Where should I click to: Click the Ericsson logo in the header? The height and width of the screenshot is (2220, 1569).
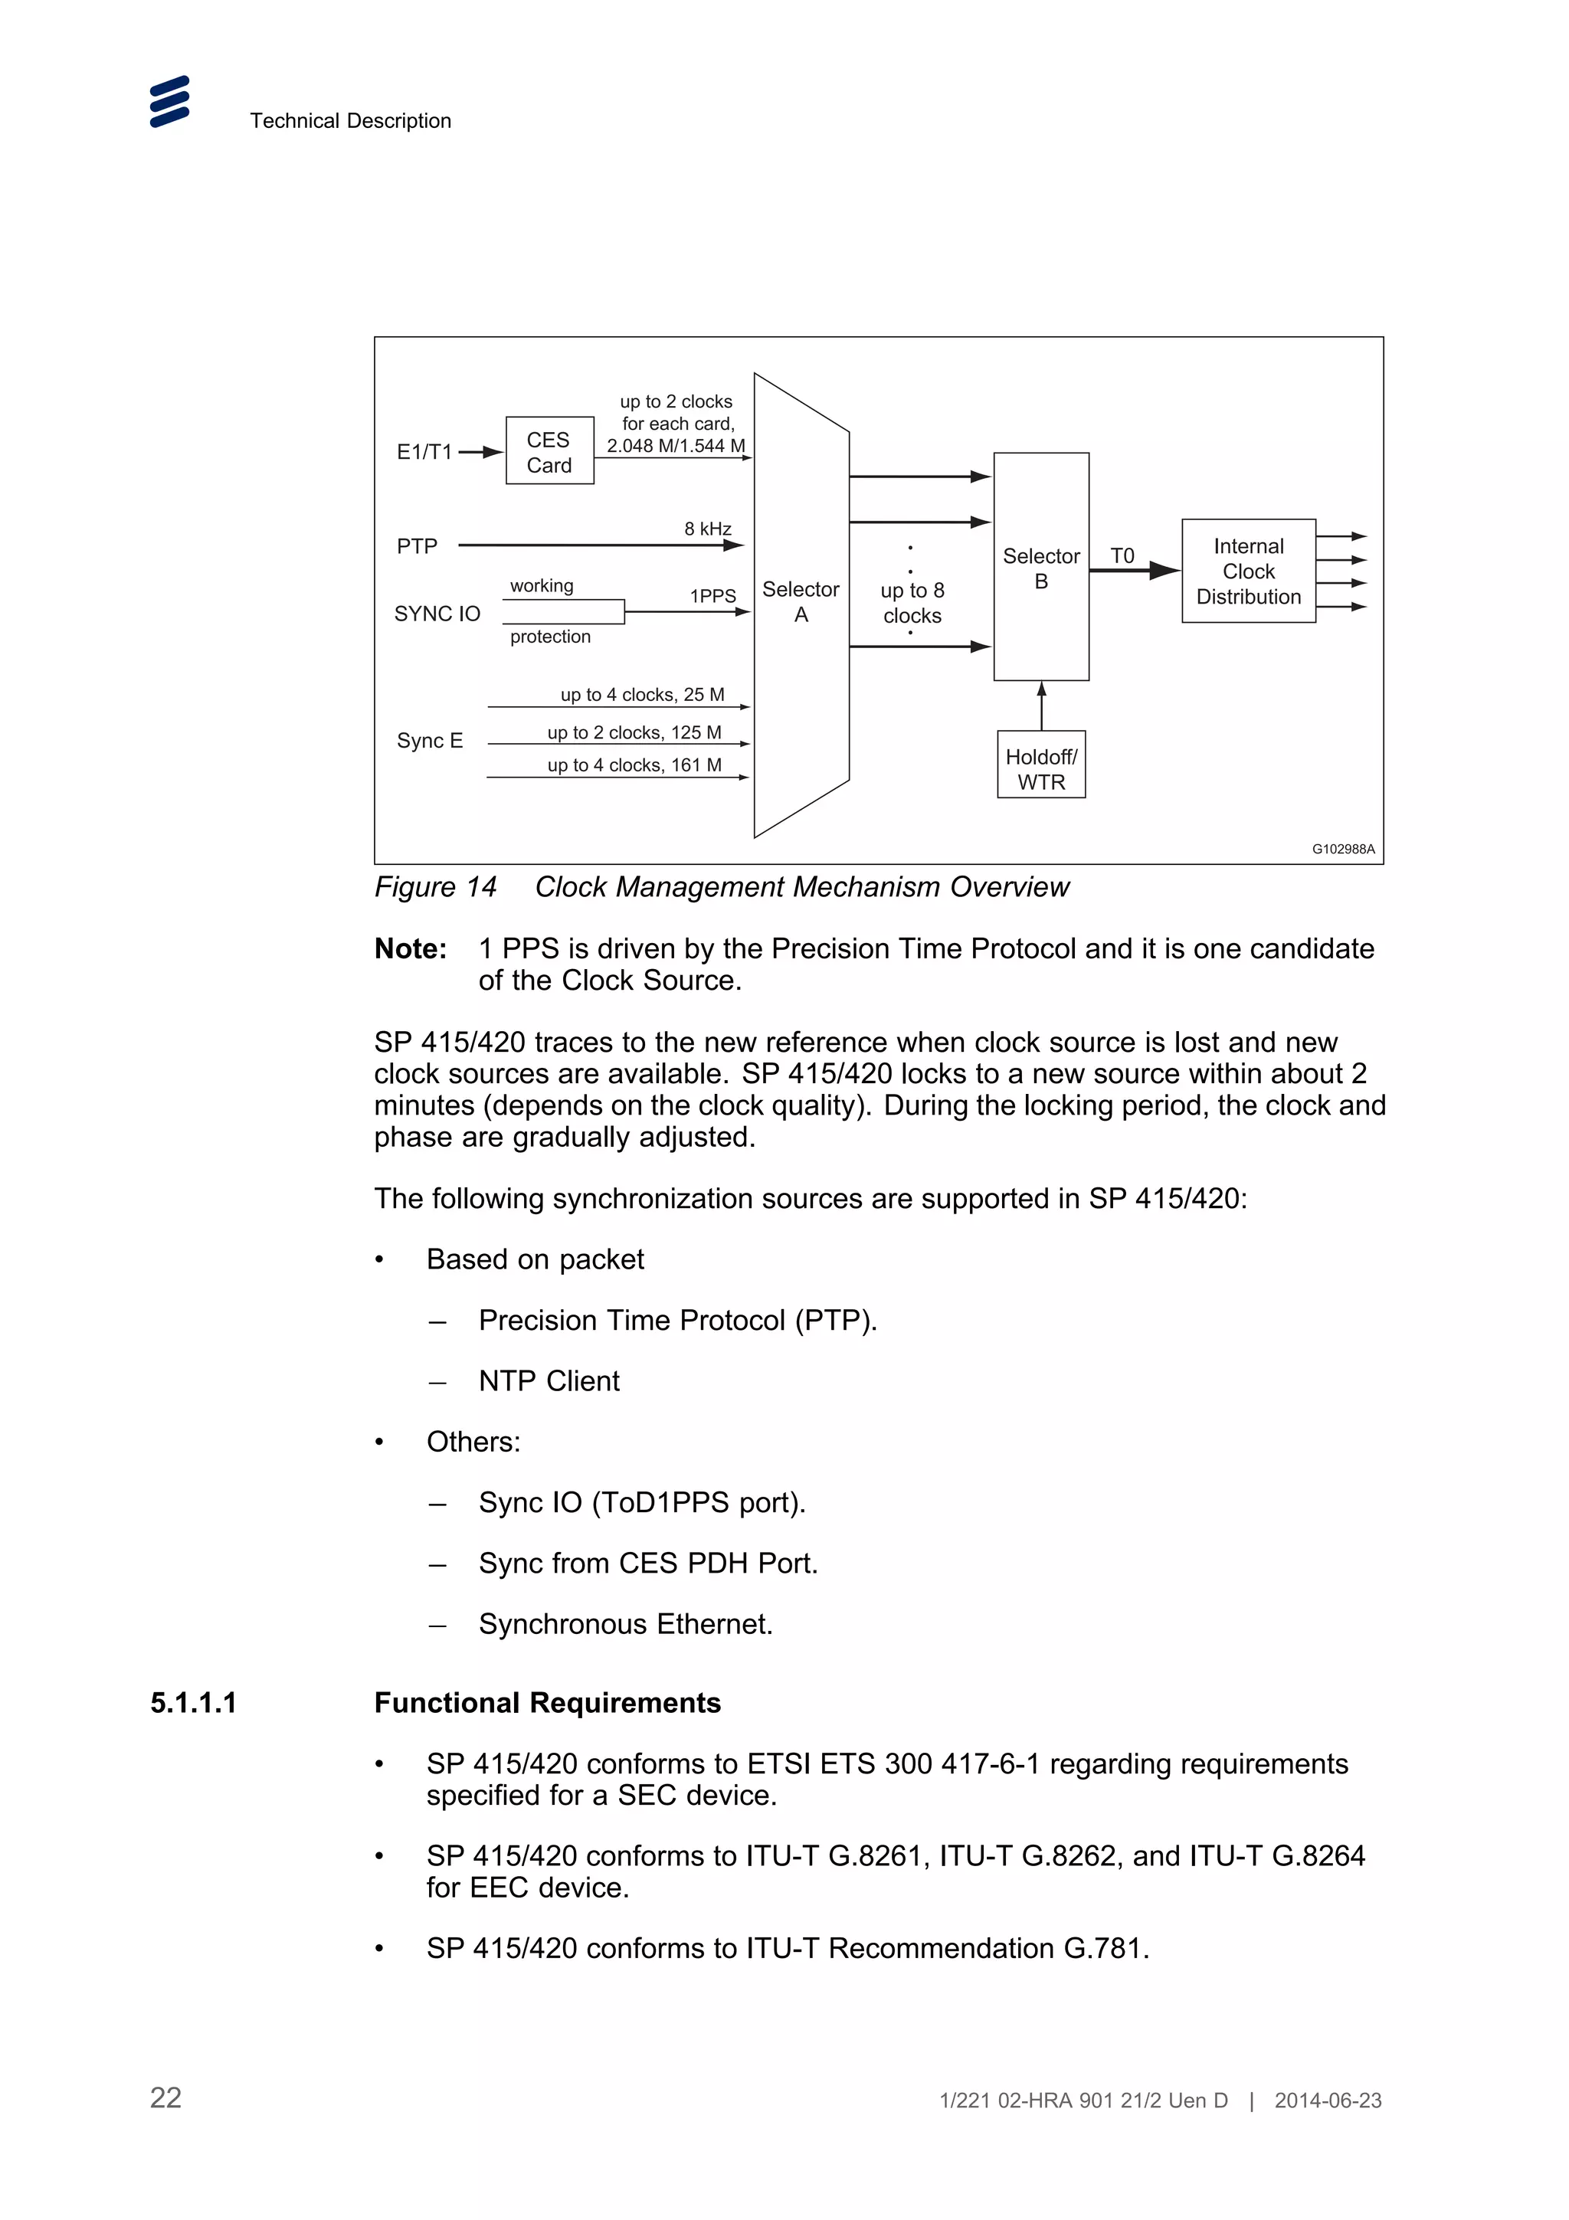click(169, 102)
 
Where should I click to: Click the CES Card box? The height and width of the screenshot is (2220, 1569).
click(549, 451)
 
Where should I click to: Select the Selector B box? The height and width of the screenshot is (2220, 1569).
click(1040, 568)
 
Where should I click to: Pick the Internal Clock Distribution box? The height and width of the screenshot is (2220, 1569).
click(1247, 571)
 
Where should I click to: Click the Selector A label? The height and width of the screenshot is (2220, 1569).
click(801, 601)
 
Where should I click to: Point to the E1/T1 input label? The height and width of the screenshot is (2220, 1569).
click(424, 451)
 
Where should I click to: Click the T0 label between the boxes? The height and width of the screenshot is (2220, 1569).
click(1122, 556)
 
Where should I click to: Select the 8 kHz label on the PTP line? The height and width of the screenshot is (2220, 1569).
click(708, 529)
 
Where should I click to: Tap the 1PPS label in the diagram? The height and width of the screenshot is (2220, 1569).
click(712, 596)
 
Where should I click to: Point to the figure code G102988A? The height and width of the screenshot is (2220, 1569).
click(1341, 849)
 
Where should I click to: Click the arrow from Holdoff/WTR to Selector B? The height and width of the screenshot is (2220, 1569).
click(1041, 706)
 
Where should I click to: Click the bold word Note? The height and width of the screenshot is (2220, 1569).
click(411, 948)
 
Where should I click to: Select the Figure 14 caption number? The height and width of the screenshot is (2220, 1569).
click(435, 886)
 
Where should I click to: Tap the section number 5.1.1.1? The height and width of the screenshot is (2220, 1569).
click(193, 1703)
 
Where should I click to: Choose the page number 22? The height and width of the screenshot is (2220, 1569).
click(165, 2097)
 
